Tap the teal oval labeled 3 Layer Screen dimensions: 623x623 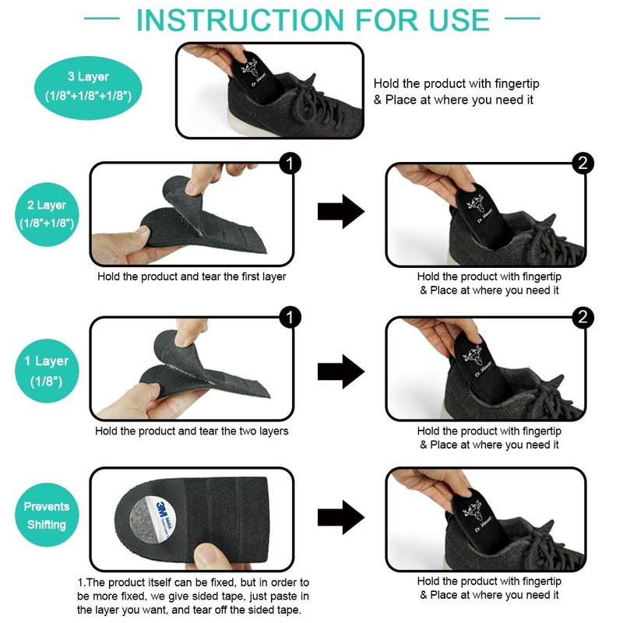coord(88,87)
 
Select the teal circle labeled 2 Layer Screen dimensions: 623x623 coord(47,214)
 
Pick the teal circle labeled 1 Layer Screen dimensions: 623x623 coord(47,371)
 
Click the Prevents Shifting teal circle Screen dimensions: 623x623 coord(47,515)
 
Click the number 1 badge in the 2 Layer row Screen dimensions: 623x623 coord(290,164)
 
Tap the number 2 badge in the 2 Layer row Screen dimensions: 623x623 coord(583,164)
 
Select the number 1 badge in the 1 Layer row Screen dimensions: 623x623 coord(290,318)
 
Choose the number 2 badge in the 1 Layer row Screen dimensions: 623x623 coord(583,318)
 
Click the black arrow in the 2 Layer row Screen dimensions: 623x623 coord(341,211)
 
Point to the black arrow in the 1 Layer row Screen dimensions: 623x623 coord(341,371)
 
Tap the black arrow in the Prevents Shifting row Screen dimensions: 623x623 coord(341,517)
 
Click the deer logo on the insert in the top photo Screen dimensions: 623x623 coord(250,68)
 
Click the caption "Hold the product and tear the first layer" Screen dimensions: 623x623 coord(192,276)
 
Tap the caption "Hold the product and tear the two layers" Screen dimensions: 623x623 coord(192,431)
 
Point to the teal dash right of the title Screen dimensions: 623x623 coord(522,18)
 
